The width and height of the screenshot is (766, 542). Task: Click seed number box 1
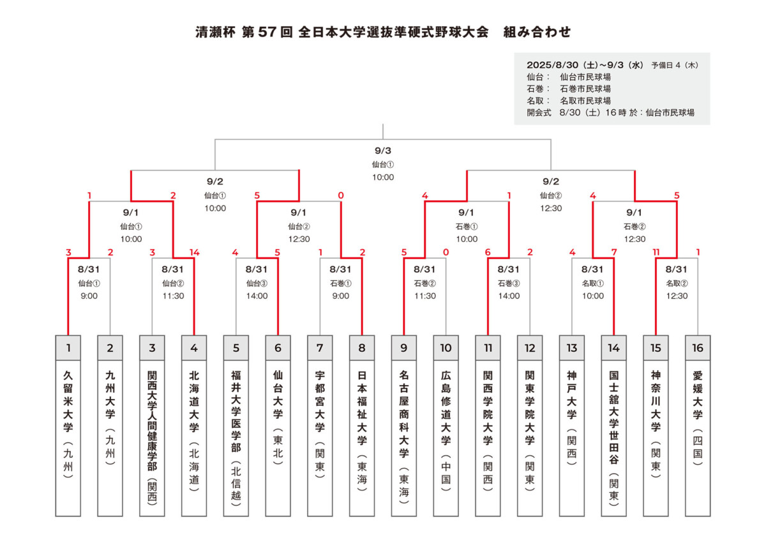(x=68, y=348)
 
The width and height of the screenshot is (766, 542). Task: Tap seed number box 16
(x=698, y=348)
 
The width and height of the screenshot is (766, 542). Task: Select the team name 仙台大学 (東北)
(x=278, y=418)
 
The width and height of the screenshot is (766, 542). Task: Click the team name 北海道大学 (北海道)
(x=194, y=431)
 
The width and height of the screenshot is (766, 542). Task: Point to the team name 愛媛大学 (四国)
(x=698, y=418)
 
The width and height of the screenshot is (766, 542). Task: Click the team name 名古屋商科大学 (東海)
(x=404, y=437)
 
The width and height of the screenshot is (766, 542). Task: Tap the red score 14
(x=194, y=252)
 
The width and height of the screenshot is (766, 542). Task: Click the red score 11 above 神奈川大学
(x=656, y=252)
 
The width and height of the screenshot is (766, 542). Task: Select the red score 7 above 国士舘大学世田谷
(x=614, y=252)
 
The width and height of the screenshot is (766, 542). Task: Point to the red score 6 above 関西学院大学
(x=488, y=252)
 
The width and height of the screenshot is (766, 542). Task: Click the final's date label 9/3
(x=382, y=151)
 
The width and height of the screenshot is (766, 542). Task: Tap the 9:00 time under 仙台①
(x=89, y=296)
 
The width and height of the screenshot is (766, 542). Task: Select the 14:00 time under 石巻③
(x=509, y=296)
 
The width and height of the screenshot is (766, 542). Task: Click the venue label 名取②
(x=677, y=283)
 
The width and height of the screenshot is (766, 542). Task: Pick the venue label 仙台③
(x=257, y=283)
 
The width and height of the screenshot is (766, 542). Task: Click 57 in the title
(x=267, y=32)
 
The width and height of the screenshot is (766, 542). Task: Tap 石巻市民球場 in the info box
(x=585, y=89)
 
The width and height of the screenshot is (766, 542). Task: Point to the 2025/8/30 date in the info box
(x=553, y=64)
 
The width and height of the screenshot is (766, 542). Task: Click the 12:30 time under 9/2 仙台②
(x=550, y=208)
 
